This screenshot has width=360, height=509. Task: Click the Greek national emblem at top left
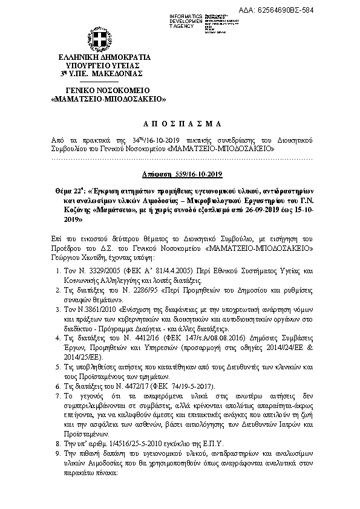[x=101, y=39]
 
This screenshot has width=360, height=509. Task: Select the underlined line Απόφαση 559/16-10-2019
[x=180, y=173]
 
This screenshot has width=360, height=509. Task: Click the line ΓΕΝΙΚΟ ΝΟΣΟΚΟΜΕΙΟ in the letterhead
[x=100, y=89]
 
